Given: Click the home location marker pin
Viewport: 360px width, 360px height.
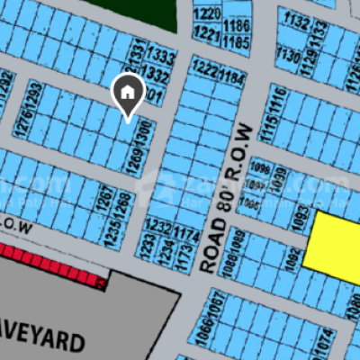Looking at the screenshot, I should point(128,94).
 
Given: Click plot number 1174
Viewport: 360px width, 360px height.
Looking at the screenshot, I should point(186,236).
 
